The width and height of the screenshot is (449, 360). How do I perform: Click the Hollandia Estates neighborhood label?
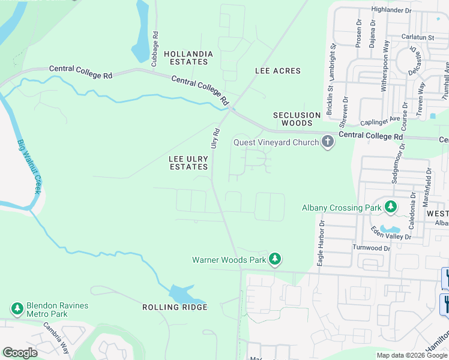(188, 58)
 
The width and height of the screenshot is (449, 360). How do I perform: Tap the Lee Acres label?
(278, 71)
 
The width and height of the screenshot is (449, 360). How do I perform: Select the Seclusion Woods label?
(297, 119)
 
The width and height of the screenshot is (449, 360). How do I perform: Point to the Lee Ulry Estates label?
(188, 163)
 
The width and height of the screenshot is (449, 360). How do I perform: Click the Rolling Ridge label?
(175, 307)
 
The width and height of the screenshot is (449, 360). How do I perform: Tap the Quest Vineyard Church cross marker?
(327, 142)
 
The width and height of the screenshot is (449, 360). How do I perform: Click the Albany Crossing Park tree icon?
(391, 208)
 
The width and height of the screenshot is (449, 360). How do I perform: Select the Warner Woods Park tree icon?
(275, 260)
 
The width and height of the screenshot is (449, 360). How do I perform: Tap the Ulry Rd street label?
(214, 137)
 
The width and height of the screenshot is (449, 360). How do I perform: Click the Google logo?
(20, 353)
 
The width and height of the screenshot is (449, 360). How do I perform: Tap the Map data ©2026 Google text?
(412, 355)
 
